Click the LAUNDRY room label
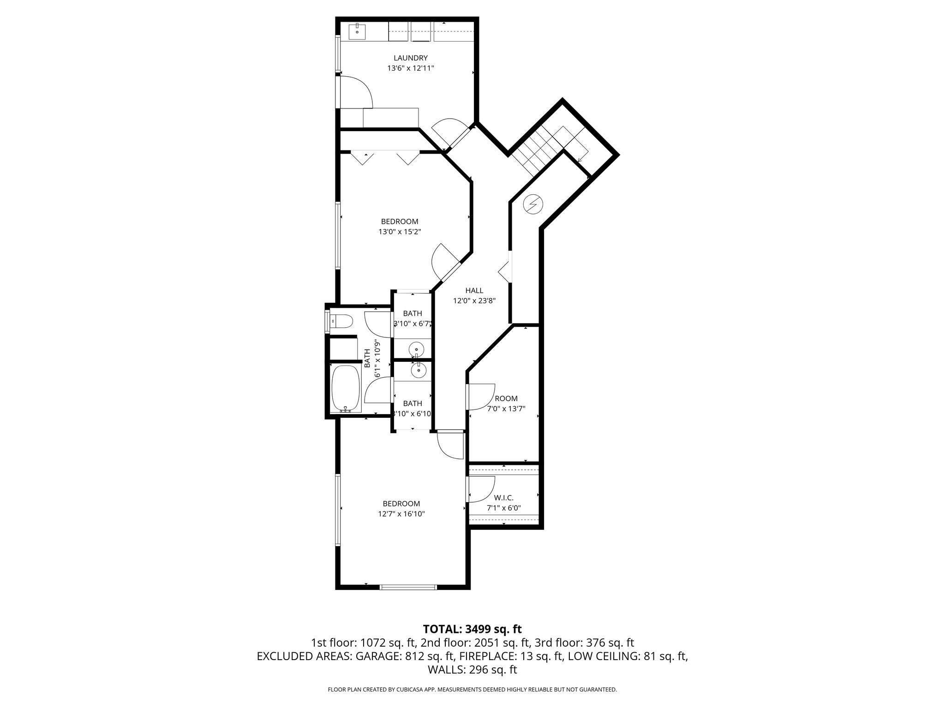410,58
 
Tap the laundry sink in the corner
357,32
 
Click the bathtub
346,389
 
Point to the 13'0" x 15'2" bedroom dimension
400,232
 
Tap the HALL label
474,290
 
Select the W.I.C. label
503,498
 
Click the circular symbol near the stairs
533,204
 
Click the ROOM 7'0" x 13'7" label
506,403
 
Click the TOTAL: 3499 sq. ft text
472,629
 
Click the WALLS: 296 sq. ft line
472,670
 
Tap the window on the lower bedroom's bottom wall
408,587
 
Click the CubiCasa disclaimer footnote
472,690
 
